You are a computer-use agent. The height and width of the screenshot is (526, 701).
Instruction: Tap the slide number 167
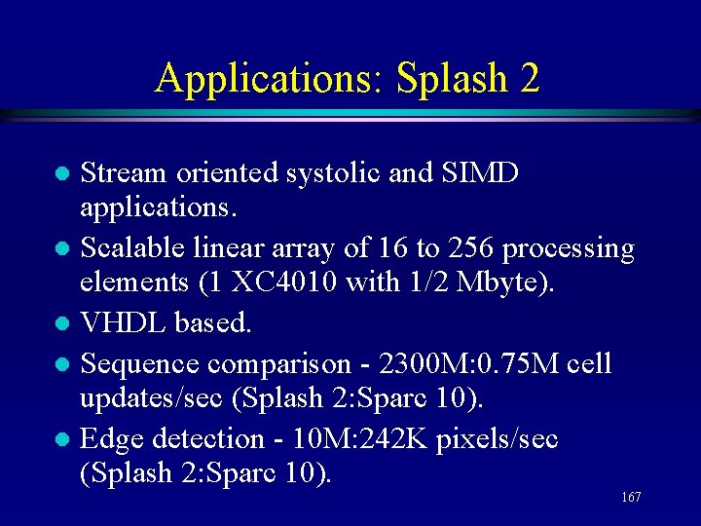click(x=630, y=498)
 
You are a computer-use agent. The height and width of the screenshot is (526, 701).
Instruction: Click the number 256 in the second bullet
click(x=470, y=249)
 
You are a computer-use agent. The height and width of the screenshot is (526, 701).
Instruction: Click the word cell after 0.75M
click(x=587, y=363)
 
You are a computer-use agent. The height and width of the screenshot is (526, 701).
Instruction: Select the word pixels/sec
click(x=498, y=439)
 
